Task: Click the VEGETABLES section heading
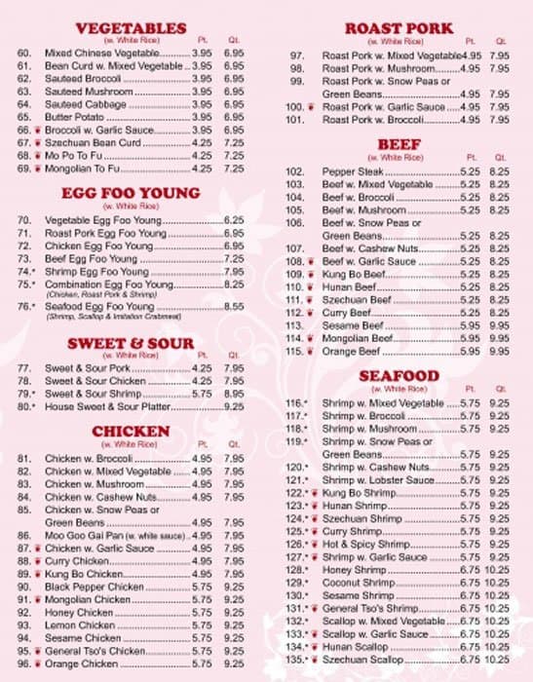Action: click(130, 27)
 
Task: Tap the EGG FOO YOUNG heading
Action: click(130, 194)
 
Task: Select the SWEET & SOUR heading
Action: click(130, 343)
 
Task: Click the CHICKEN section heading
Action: click(130, 431)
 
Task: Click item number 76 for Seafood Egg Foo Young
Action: click(25, 307)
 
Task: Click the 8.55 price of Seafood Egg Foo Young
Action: click(233, 307)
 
